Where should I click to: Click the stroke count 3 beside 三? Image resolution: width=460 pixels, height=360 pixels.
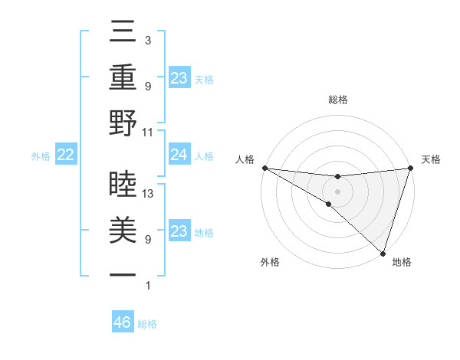(147, 40)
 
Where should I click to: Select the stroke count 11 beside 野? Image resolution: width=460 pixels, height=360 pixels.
(149, 132)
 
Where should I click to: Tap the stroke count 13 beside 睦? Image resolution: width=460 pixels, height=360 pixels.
(149, 194)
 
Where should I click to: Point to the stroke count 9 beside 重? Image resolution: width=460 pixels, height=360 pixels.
(147, 86)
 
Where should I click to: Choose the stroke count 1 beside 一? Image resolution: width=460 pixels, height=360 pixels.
(147, 286)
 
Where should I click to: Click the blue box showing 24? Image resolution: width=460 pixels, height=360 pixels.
(179, 155)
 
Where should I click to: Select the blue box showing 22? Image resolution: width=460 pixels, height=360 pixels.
(66, 155)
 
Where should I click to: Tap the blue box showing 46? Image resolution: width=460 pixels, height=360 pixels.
(123, 322)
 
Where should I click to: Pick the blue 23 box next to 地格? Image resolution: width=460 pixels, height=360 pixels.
(179, 232)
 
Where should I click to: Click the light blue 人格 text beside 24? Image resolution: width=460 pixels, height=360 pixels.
(204, 156)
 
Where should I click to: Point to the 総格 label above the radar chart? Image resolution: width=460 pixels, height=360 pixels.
(338, 100)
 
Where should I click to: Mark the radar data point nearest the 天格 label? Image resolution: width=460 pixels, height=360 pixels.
(410, 168)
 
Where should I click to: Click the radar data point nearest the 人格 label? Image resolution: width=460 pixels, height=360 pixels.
(264, 168)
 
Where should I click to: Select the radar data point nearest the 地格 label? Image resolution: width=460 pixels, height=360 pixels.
(383, 253)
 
